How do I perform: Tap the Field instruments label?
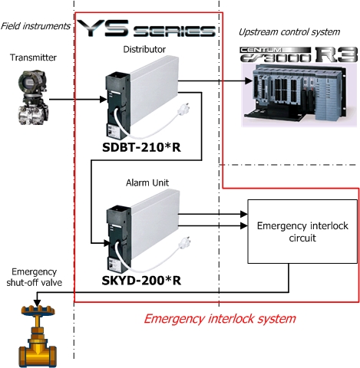35,26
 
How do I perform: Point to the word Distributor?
144,49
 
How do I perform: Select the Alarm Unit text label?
144,184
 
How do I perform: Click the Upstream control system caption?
288,32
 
